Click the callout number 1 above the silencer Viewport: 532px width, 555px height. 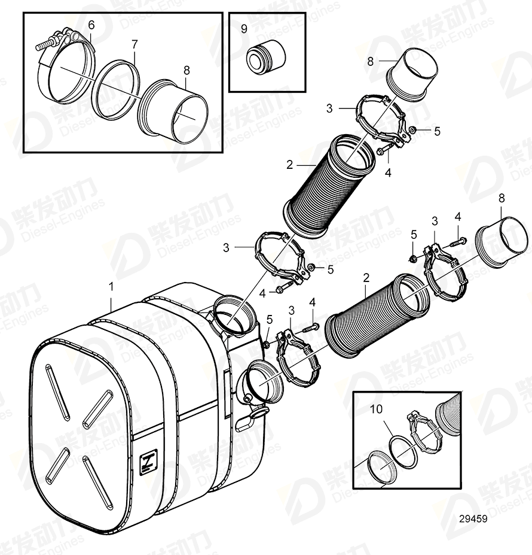111,287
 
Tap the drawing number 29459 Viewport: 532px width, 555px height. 472,519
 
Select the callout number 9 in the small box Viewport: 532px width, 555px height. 244,28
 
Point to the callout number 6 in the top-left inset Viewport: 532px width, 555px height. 91,25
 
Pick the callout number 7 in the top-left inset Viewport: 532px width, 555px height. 134,44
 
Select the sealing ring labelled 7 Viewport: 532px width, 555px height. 118,90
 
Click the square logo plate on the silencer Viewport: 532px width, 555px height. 146,463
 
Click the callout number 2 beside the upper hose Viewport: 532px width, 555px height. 289,163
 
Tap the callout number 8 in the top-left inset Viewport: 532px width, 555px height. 186,70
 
